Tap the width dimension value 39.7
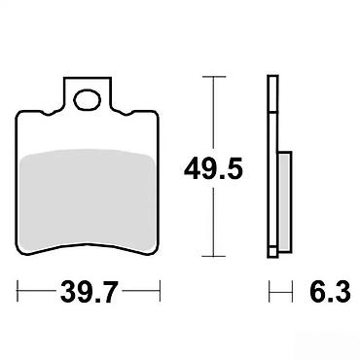pyautogui.click(x=88, y=292)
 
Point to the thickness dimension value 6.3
pyautogui.click(x=330, y=292)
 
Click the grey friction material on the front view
pyautogui.click(x=88, y=200)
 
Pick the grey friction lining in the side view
pyautogui.click(x=285, y=201)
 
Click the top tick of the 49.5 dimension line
pyautogui.click(x=213, y=77)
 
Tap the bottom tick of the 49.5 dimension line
pyautogui.click(x=213, y=256)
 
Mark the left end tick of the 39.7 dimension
pyautogui.click(x=18, y=291)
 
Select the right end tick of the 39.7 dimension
pyautogui.click(x=160, y=291)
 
